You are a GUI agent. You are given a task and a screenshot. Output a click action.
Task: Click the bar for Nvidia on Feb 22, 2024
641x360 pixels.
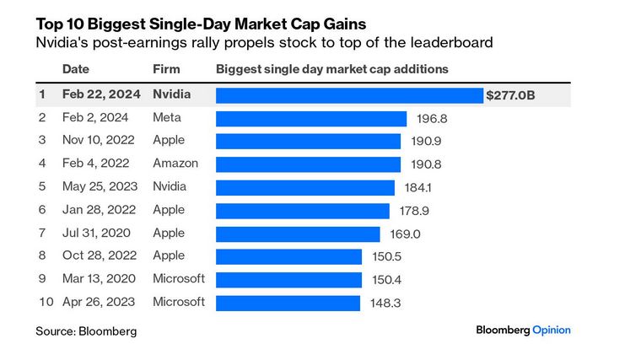(x=349, y=95)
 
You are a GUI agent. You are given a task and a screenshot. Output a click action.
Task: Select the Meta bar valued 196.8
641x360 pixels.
(x=311, y=118)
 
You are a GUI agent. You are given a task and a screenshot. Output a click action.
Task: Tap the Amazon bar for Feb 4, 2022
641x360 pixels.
(x=309, y=164)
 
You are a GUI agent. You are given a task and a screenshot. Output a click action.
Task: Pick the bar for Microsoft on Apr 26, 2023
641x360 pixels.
(x=288, y=301)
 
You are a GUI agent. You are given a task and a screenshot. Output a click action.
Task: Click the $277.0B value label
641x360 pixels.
(x=510, y=96)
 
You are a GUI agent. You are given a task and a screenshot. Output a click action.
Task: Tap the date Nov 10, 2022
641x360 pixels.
(x=95, y=141)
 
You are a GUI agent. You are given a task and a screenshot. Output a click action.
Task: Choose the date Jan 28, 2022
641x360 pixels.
(x=94, y=210)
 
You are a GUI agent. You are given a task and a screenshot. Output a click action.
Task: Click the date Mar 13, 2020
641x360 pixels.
(x=94, y=278)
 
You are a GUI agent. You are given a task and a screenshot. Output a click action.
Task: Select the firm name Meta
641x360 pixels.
(x=166, y=118)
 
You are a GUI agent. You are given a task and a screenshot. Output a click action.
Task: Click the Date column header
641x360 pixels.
(x=75, y=69)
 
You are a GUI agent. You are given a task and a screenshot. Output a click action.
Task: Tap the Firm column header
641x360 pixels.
(x=165, y=69)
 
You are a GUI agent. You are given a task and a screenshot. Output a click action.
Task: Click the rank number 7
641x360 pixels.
(x=43, y=233)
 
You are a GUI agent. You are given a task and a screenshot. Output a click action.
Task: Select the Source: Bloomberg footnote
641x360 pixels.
(x=85, y=331)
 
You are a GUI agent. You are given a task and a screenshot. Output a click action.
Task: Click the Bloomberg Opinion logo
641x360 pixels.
(x=523, y=330)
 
